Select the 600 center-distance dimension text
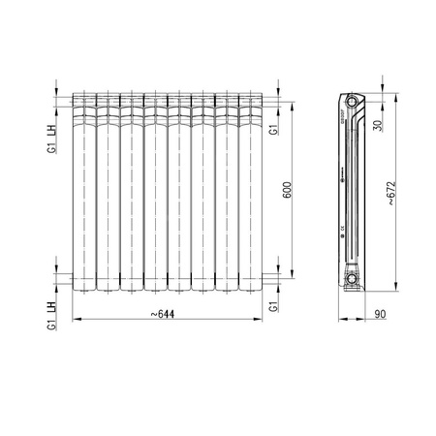tap(286, 191)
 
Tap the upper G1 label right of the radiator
tap(274, 128)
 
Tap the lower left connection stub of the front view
tap(66, 279)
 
